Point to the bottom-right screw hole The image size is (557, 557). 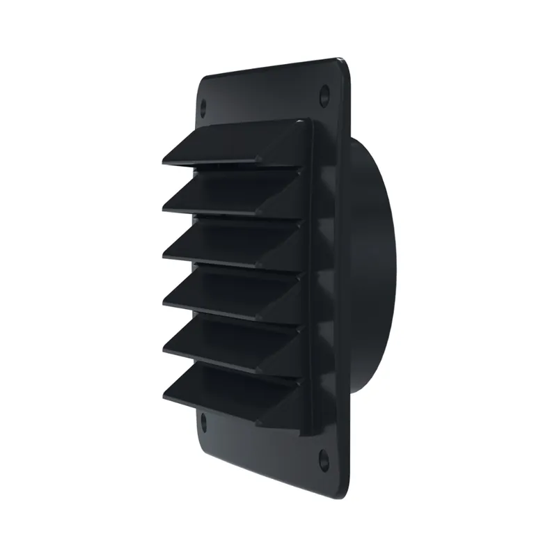324,457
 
